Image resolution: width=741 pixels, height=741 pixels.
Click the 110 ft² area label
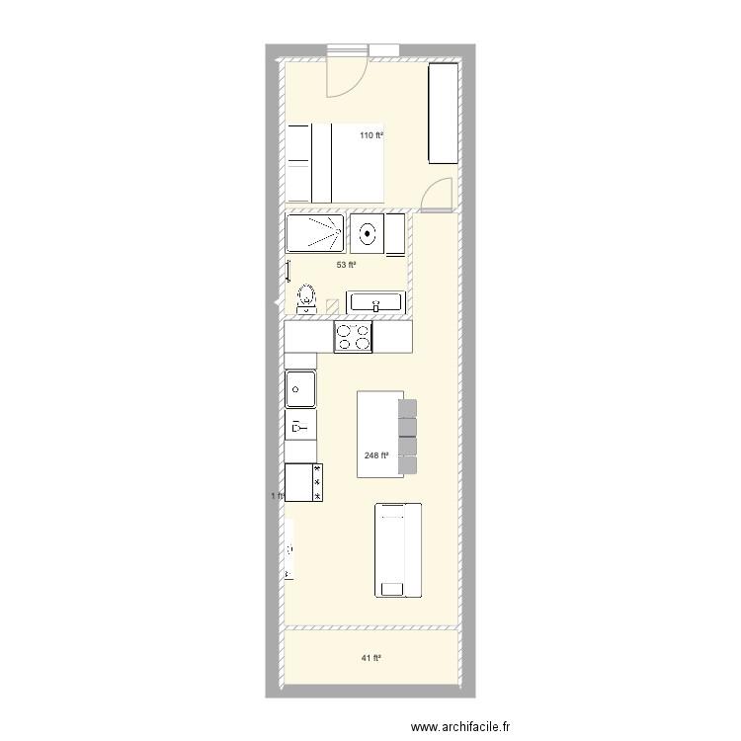[370, 135]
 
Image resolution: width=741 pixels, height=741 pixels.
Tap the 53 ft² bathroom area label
[346, 265]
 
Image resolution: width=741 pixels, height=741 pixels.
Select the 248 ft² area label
[375, 455]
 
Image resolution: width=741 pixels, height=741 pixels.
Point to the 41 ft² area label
[370, 658]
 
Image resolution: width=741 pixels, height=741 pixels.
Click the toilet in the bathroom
[307, 297]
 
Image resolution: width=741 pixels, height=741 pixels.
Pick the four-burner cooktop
[354, 338]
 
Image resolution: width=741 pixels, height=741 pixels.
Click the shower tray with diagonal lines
[315, 234]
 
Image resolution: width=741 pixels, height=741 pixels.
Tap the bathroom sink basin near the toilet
[376, 302]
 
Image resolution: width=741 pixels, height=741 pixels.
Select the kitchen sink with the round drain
[300, 389]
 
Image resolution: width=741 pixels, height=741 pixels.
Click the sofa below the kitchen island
[398, 549]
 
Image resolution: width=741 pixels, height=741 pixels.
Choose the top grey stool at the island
[409, 409]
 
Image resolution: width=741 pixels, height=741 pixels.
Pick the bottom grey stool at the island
[409, 465]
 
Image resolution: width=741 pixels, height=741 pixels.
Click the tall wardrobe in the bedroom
[443, 114]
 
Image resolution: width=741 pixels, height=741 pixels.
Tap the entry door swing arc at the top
[345, 79]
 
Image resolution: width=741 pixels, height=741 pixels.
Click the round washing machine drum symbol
[368, 235]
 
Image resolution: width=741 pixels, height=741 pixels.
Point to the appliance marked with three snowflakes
[304, 482]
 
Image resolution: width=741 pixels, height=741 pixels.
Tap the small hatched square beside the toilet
[333, 305]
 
